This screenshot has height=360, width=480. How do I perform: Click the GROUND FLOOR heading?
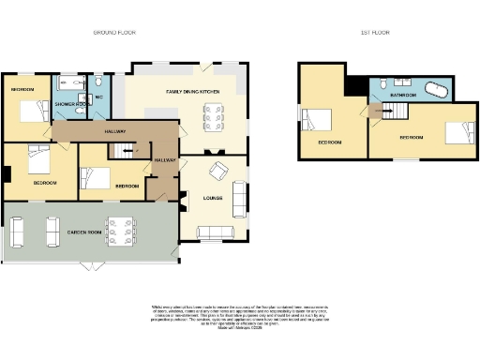tap(114, 32)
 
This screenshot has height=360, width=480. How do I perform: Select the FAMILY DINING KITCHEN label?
tap(192, 91)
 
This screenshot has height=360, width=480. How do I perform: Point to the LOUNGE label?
tap(213, 197)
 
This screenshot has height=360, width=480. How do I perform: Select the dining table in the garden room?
tap(119, 231)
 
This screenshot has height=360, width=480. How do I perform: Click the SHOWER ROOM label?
tap(70, 104)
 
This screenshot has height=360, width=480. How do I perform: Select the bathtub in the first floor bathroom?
tap(439, 91)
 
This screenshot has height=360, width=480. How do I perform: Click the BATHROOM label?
tap(404, 96)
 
